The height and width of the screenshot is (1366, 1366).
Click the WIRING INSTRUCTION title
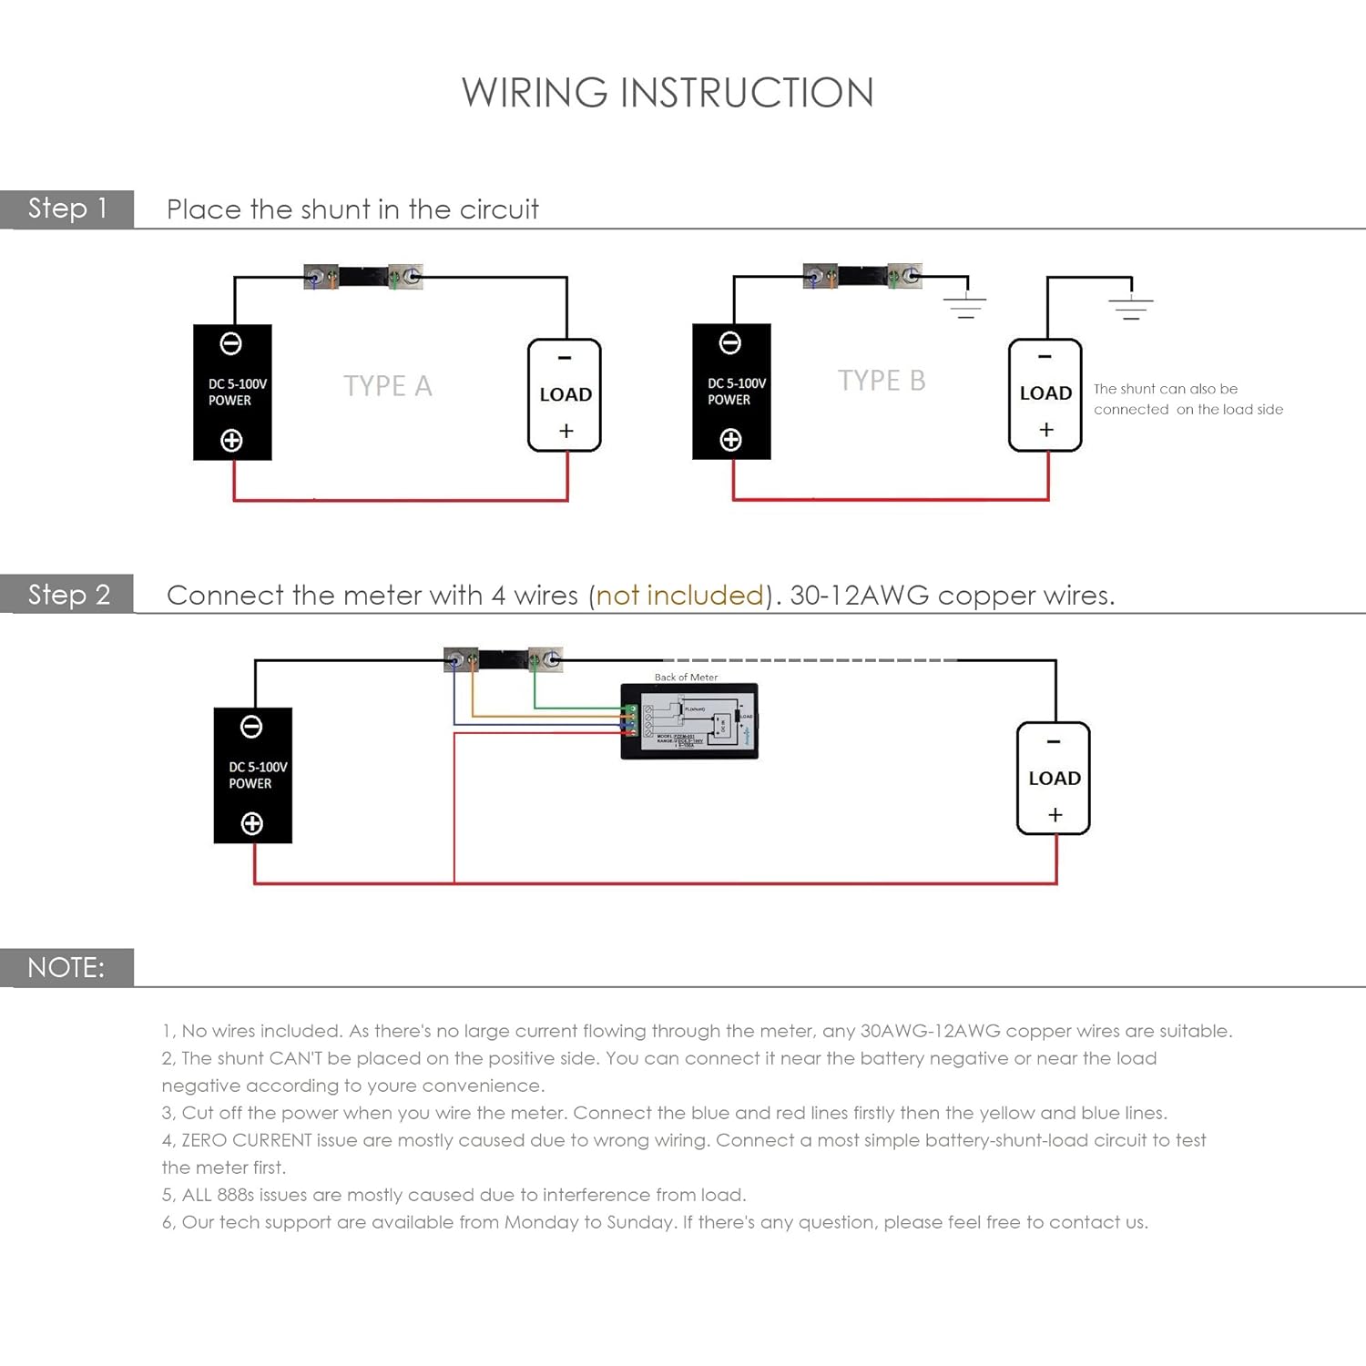(668, 93)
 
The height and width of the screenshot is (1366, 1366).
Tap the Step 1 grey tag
(67, 209)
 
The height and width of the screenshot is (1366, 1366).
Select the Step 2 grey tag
(67, 595)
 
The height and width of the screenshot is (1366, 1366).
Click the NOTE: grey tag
(66, 967)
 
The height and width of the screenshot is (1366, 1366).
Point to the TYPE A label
(387, 386)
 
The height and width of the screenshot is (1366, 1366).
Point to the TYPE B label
(881, 381)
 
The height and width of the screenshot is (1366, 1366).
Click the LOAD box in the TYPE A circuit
(565, 395)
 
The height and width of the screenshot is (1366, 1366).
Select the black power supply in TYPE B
(731, 392)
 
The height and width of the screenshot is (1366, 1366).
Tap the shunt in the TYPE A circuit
(362, 276)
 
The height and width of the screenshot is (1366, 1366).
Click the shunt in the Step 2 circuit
(503, 658)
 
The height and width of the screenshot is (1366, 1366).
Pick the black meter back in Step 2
(689, 721)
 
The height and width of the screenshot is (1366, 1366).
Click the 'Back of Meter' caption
(686, 678)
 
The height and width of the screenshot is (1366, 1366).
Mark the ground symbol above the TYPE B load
(1130, 306)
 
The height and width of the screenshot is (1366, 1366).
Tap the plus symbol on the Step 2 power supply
(252, 823)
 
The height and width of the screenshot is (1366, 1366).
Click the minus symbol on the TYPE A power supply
(231, 343)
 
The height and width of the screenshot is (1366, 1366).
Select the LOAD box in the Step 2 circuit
(1054, 779)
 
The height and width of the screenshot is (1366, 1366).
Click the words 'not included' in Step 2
(679, 596)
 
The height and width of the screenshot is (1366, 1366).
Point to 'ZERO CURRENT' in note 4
(246, 1140)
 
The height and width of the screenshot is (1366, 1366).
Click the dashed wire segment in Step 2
(810, 660)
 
